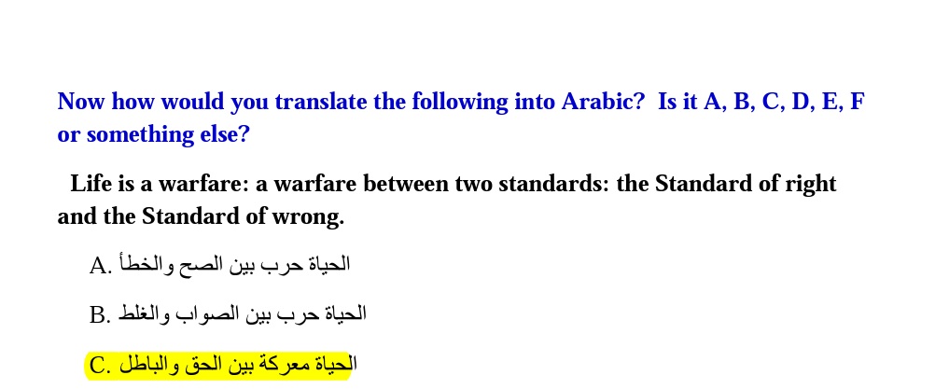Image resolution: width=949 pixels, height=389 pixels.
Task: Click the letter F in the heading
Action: pyautogui.click(x=857, y=101)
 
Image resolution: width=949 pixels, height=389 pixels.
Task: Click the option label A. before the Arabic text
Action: pyautogui.click(x=101, y=266)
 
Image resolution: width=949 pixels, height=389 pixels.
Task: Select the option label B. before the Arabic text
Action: pyautogui.click(x=101, y=315)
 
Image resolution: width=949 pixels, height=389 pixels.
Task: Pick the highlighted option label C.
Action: pyautogui.click(x=101, y=366)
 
